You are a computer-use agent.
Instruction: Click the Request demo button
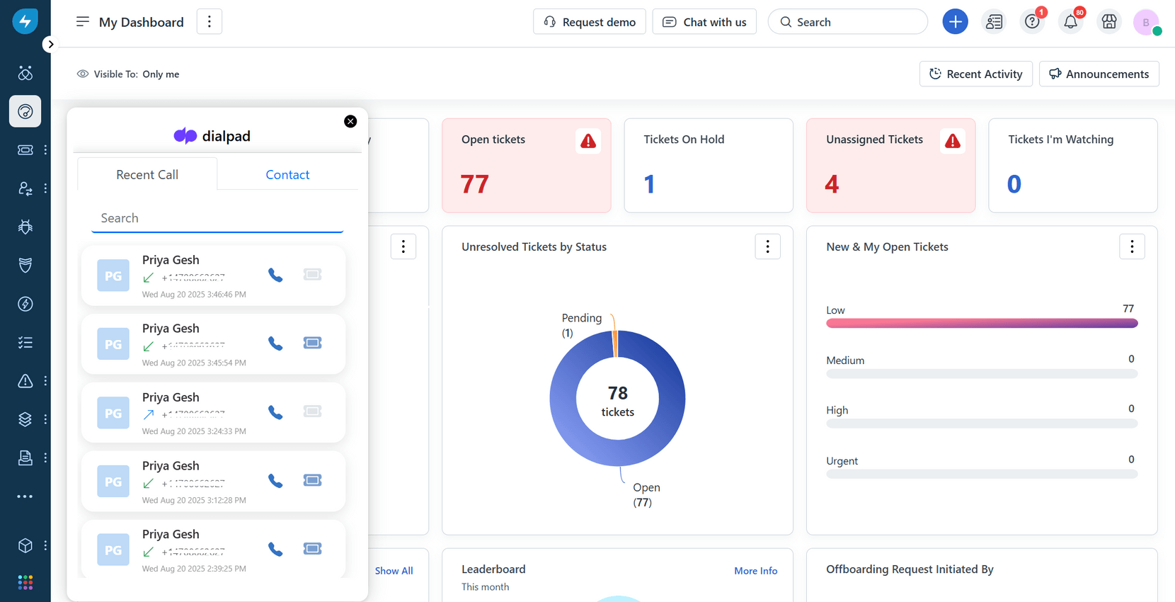pos(590,22)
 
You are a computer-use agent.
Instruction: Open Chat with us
pos(704,22)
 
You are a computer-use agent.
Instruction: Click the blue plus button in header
pos(955,22)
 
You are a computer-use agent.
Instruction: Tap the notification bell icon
pos(1070,22)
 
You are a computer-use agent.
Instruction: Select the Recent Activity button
pos(975,74)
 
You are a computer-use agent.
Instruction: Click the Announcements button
pos(1099,74)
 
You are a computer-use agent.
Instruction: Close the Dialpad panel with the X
pos(350,121)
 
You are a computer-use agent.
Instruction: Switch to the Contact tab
pos(287,174)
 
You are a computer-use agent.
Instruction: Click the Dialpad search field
pos(217,218)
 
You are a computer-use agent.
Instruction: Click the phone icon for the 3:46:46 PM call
pos(275,275)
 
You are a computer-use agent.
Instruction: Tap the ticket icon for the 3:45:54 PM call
pos(312,343)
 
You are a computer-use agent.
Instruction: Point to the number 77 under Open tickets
pos(474,184)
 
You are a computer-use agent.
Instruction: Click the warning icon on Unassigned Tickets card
pos(953,141)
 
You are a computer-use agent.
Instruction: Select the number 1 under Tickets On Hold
pos(649,184)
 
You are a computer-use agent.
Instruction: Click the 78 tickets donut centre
pos(617,400)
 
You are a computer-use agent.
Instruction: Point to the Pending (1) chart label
pos(581,324)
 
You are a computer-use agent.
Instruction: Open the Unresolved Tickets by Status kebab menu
pos(767,246)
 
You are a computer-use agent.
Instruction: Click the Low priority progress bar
pos(982,323)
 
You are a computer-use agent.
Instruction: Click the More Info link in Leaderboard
pos(755,571)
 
